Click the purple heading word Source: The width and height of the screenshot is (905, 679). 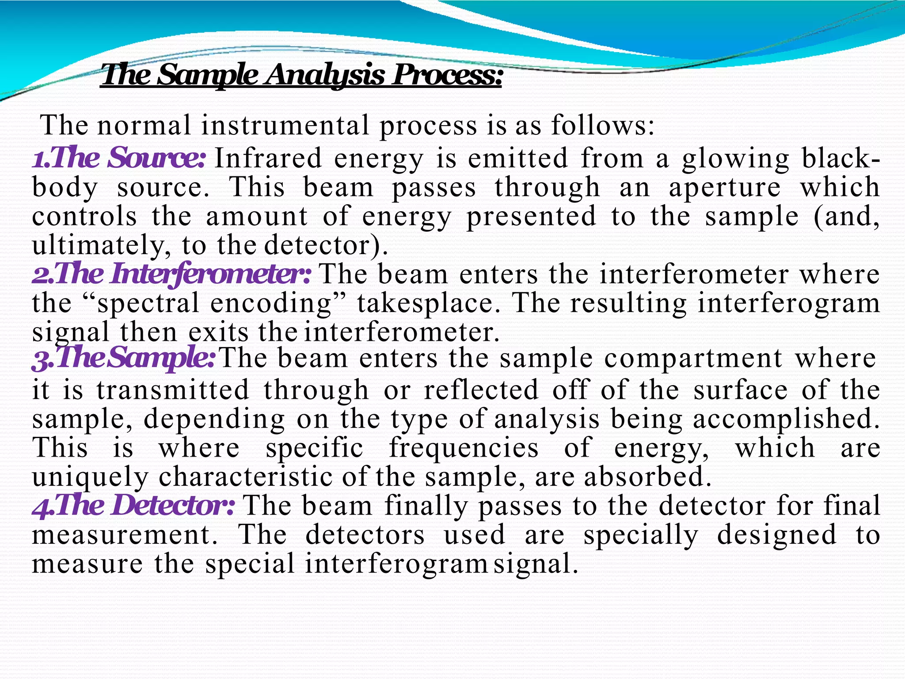[157, 158]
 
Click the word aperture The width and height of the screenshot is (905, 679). [724, 187]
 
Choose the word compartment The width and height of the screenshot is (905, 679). [693, 358]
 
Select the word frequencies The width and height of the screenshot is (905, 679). [464, 448]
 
